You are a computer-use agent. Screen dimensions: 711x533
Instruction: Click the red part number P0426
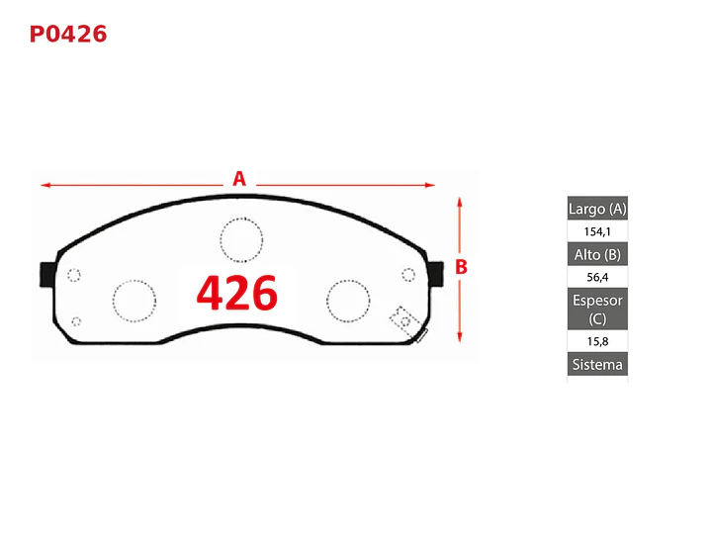68,35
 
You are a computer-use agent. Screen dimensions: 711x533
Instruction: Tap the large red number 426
236,293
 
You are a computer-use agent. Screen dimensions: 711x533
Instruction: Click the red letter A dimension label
239,179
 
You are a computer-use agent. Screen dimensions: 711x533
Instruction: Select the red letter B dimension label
461,267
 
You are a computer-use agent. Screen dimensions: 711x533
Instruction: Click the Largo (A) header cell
597,209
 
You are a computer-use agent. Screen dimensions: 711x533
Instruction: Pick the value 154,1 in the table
597,231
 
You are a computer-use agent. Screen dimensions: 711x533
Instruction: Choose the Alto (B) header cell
597,254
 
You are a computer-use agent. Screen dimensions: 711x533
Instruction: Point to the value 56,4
597,277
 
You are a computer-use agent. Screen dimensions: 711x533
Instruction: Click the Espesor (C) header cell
597,309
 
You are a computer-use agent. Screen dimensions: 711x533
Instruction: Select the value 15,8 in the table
597,341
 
